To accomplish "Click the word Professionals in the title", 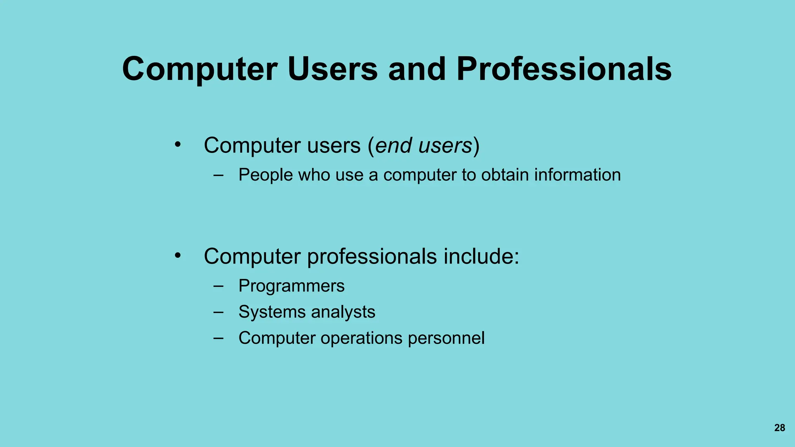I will (564, 69).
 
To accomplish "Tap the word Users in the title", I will (332, 69).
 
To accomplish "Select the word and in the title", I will (417, 69).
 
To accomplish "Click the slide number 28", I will (779, 428).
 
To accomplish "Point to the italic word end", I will (394, 146).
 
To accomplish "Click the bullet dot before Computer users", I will (178, 145).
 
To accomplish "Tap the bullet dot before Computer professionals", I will (178, 256).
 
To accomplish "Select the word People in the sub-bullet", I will (266, 175).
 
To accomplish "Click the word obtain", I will (505, 175).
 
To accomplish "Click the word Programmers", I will (292, 286).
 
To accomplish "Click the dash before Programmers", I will (219, 286).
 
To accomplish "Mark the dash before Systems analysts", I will (219, 312).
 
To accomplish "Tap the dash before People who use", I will (219, 175).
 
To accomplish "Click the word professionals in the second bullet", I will (372, 257).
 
